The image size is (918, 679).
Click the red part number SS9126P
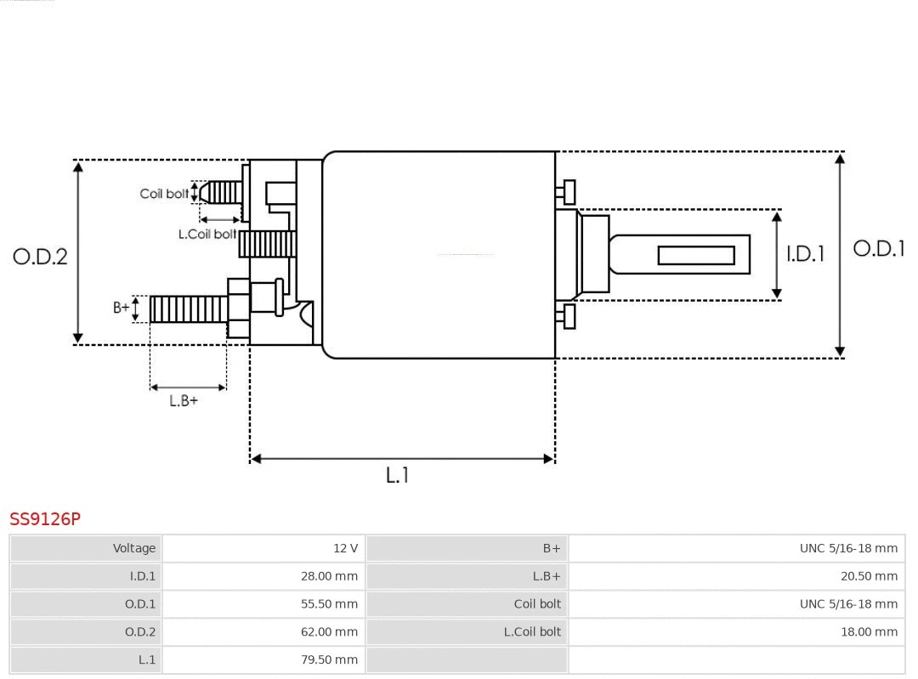45,518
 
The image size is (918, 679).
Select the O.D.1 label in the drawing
878,249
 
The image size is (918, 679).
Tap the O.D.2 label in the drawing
40,256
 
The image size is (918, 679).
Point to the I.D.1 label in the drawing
804,253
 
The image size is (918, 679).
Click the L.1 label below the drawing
398,476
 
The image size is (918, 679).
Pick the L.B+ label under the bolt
183,401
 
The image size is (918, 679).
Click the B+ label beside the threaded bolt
122,308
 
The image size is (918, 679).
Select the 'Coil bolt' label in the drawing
164,194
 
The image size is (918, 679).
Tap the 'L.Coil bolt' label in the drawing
207,234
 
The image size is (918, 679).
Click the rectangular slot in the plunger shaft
696,255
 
